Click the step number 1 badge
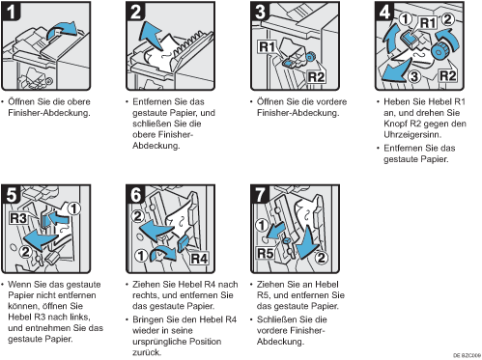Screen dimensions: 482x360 [x=11, y=12]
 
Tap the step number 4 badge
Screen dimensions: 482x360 [x=384, y=12]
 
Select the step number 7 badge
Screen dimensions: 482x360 [x=260, y=194]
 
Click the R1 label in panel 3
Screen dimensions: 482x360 [x=268, y=47]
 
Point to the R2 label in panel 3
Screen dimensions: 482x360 [x=316, y=77]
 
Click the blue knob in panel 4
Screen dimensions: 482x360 [x=439, y=51]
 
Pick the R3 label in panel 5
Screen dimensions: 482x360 [x=18, y=218]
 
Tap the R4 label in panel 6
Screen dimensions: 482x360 [x=199, y=259]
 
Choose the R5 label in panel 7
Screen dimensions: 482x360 [x=266, y=253]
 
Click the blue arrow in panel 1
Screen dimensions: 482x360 [x=61, y=30]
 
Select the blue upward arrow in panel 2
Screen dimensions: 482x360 [x=151, y=35]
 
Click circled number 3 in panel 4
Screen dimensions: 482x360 [x=414, y=76]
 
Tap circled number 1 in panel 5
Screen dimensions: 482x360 [x=73, y=208]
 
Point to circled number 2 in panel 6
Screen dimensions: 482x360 [x=137, y=216]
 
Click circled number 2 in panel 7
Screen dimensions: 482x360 [x=321, y=258]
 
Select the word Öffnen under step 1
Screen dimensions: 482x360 [x=21, y=101]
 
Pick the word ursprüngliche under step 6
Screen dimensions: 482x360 [x=159, y=342]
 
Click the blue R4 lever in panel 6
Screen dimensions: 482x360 [x=183, y=243]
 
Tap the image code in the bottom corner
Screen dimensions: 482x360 [x=467, y=355]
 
